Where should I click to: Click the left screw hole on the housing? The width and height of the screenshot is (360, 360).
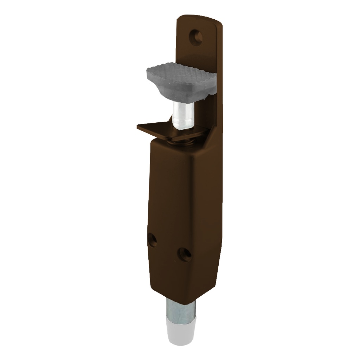click(x=152, y=240)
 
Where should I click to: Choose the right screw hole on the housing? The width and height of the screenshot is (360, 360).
click(x=184, y=254)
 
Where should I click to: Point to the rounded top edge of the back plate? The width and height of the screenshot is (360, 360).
click(x=200, y=17)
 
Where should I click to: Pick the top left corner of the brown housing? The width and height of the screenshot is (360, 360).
click(x=152, y=141)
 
